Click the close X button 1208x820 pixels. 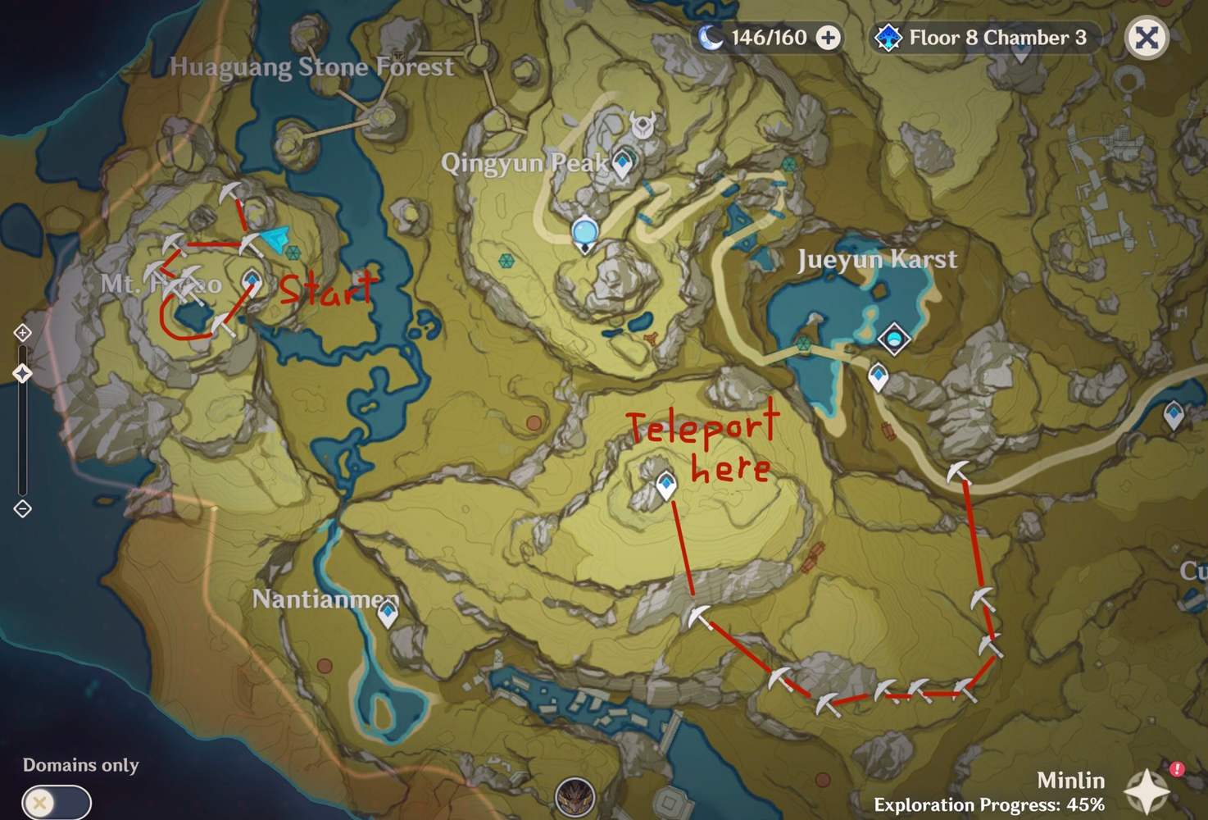click(x=1147, y=38)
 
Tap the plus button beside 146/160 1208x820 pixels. click(x=829, y=38)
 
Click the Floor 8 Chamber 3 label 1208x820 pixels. click(x=997, y=38)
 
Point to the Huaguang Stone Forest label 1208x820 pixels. click(x=311, y=66)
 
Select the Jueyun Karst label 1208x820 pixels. click(x=877, y=260)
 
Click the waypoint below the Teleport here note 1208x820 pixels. click(x=666, y=485)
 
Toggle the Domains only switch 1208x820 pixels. click(x=57, y=801)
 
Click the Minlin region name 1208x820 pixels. click(x=1070, y=780)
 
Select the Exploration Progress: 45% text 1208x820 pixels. click(x=989, y=804)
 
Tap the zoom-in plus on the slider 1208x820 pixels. click(x=23, y=332)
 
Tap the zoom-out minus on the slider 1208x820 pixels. click(x=23, y=508)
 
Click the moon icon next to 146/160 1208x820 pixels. click(x=711, y=38)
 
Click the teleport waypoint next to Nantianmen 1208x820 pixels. click(x=388, y=613)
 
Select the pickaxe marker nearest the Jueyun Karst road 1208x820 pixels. click(x=958, y=473)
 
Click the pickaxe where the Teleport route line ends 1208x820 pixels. click(x=699, y=616)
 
